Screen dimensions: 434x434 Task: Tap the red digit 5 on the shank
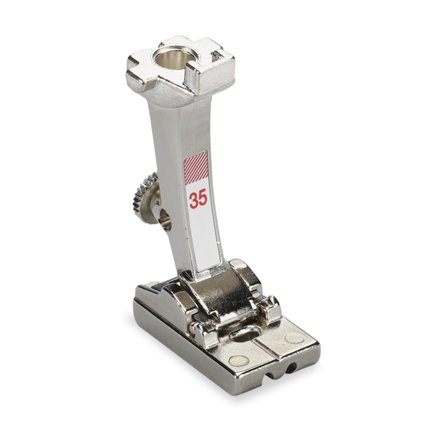coord(203,198)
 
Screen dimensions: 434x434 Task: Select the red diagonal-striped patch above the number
coord(195,167)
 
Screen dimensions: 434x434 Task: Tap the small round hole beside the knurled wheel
coord(166,219)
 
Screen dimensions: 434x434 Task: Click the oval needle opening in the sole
coord(244,334)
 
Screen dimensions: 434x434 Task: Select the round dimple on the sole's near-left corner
coord(239,361)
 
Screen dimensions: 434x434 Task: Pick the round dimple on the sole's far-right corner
coord(295,338)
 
